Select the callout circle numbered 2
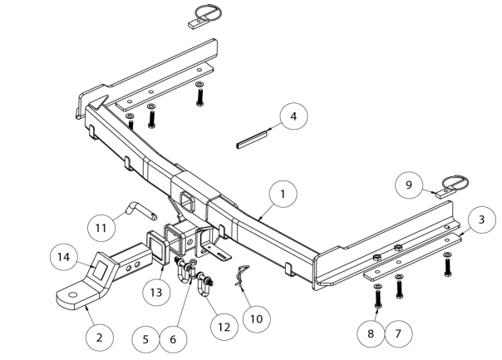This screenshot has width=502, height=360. [x=99, y=338]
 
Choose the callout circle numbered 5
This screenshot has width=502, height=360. [x=146, y=340]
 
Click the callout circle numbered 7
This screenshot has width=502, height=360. [x=398, y=333]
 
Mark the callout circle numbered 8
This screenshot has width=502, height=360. [x=372, y=333]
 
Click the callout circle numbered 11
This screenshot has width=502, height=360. [x=101, y=227]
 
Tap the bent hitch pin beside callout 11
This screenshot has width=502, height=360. [x=138, y=208]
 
